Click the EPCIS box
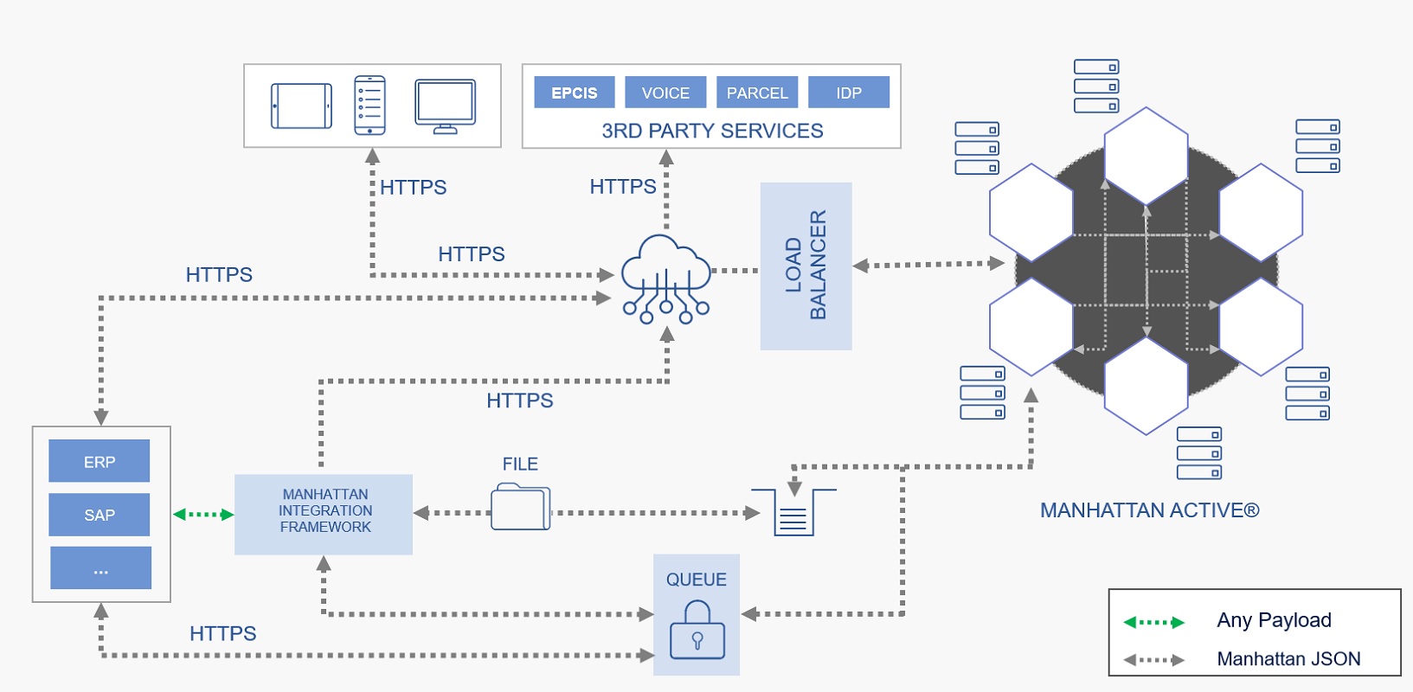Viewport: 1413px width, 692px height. pyautogui.click(x=574, y=93)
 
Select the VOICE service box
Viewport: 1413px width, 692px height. pyautogui.click(x=665, y=93)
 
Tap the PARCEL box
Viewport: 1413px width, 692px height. pyautogui.click(x=757, y=93)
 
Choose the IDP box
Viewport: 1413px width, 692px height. pyautogui.click(x=848, y=93)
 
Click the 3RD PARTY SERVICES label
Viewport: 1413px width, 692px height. pyautogui.click(x=712, y=131)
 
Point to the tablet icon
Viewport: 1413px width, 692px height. pyautogui.click(x=301, y=106)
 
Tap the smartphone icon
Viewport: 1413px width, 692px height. pyautogui.click(x=369, y=106)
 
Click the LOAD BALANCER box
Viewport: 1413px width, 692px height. pyautogui.click(x=806, y=266)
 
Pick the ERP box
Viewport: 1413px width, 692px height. pyautogui.click(x=100, y=461)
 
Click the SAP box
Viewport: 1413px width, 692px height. pyautogui.click(x=100, y=515)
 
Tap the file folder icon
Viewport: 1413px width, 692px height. pyautogui.click(x=520, y=507)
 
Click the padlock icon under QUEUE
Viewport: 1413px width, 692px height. pyautogui.click(x=697, y=631)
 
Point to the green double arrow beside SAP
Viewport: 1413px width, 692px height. pyautogui.click(x=203, y=515)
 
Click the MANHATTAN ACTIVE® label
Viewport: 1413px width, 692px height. pyautogui.click(x=1149, y=510)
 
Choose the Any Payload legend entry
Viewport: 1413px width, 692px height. pyautogui.click(x=1274, y=620)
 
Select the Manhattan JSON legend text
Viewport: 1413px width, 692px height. pyautogui.click(x=1288, y=659)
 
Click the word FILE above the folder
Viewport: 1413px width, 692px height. pyautogui.click(x=520, y=465)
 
